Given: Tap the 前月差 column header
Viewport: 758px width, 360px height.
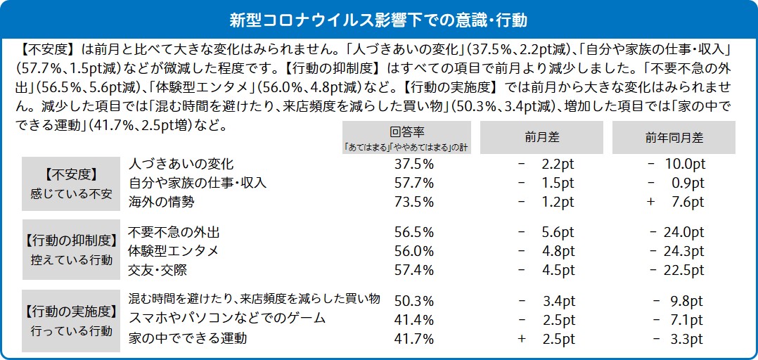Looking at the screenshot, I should tap(541, 138).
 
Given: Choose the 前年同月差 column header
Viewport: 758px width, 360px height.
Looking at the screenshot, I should tap(674, 138).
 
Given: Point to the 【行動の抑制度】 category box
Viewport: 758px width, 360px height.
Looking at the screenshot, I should tap(70, 250).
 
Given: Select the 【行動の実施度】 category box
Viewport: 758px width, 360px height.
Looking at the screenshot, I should tap(70, 320).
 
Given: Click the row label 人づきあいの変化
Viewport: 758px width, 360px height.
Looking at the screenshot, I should tap(181, 164).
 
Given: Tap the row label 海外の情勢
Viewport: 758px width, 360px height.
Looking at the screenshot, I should tap(161, 202).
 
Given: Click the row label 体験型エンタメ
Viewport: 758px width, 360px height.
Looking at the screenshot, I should tap(174, 251).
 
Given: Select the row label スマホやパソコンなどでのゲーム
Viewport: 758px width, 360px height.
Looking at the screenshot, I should tap(227, 319).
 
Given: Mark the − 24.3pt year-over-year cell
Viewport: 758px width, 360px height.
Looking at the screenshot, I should tap(677, 251).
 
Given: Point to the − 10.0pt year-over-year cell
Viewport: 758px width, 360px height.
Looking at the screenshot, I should tap(676, 164).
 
